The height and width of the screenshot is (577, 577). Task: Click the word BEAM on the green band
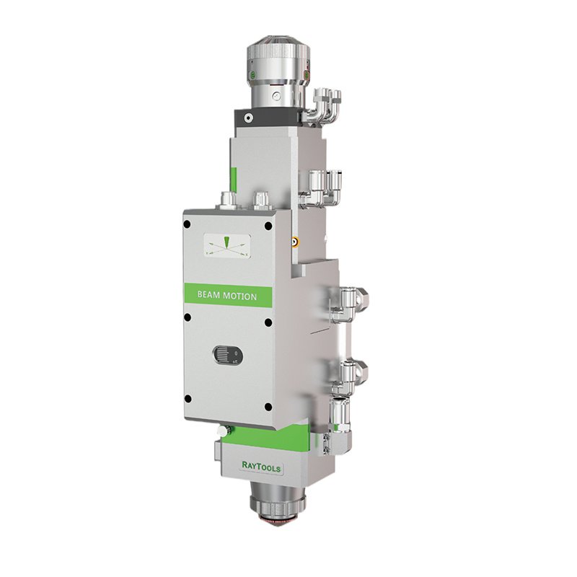(x=208, y=295)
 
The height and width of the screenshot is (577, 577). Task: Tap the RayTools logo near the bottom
(x=261, y=466)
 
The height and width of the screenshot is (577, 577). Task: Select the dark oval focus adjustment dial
(x=227, y=356)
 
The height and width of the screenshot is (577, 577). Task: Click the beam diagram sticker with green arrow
(x=227, y=245)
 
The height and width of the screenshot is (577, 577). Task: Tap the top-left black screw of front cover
(x=187, y=224)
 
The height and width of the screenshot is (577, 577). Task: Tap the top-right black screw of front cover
(x=268, y=226)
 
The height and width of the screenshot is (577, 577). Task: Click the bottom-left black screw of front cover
(x=188, y=399)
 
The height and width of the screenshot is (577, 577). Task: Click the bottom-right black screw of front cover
(x=268, y=407)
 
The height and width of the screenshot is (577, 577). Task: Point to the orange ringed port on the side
(x=294, y=242)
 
